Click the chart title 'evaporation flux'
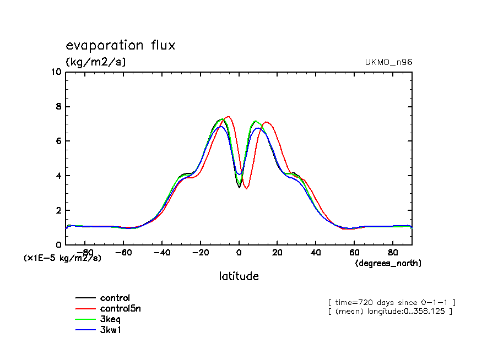[x=120, y=45]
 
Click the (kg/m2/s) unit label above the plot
[x=96, y=62]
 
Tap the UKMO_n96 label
[x=388, y=62]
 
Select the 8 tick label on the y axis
[x=58, y=107]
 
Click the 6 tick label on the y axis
[x=58, y=141]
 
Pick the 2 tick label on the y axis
[x=58, y=211]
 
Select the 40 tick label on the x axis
[x=316, y=253]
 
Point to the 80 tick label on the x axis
[x=393, y=253]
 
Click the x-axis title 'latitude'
[x=239, y=276]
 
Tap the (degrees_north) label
[x=388, y=263]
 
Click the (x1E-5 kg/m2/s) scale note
[x=62, y=258]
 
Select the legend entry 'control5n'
[x=124, y=309]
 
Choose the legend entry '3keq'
[x=112, y=319]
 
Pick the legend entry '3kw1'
[x=112, y=330]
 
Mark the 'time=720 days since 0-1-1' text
[x=392, y=302]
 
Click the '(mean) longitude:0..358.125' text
[x=390, y=312]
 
